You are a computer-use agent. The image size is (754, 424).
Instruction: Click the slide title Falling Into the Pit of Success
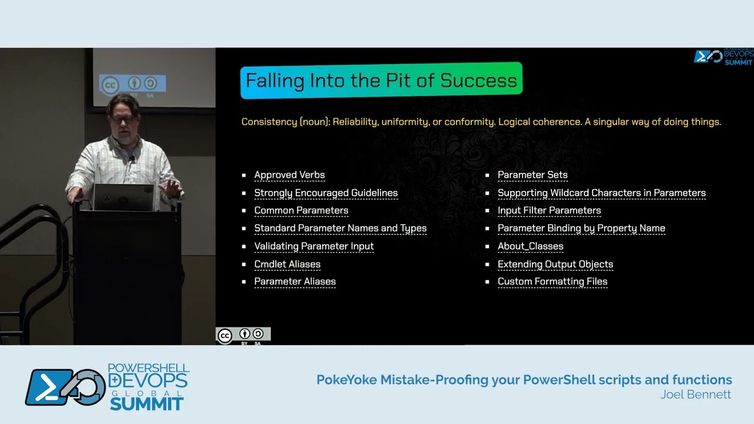(381, 80)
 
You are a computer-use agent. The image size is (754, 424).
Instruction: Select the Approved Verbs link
(289, 175)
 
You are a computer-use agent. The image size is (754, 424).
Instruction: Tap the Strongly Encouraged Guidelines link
(326, 193)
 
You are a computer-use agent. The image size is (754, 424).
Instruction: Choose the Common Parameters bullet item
(301, 210)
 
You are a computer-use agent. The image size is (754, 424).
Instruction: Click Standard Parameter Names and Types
(340, 228)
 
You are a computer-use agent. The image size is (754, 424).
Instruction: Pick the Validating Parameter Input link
(314, 246)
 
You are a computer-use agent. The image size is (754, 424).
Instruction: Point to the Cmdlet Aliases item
(287, 264)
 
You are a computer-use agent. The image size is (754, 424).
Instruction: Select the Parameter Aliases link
(295, 281)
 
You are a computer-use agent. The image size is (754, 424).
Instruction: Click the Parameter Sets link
(533, 175)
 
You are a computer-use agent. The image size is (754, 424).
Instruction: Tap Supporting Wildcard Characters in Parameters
(601, 193)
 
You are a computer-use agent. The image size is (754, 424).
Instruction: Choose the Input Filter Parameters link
(549, 210)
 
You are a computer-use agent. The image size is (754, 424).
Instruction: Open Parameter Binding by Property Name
(581, 228)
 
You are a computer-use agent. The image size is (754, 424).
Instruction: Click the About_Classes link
(530, 246)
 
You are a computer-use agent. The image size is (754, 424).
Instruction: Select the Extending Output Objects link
(555, 264)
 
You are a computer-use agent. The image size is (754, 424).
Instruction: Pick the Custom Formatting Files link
(553, 281)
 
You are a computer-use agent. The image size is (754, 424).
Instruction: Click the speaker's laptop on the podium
(124, 197)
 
